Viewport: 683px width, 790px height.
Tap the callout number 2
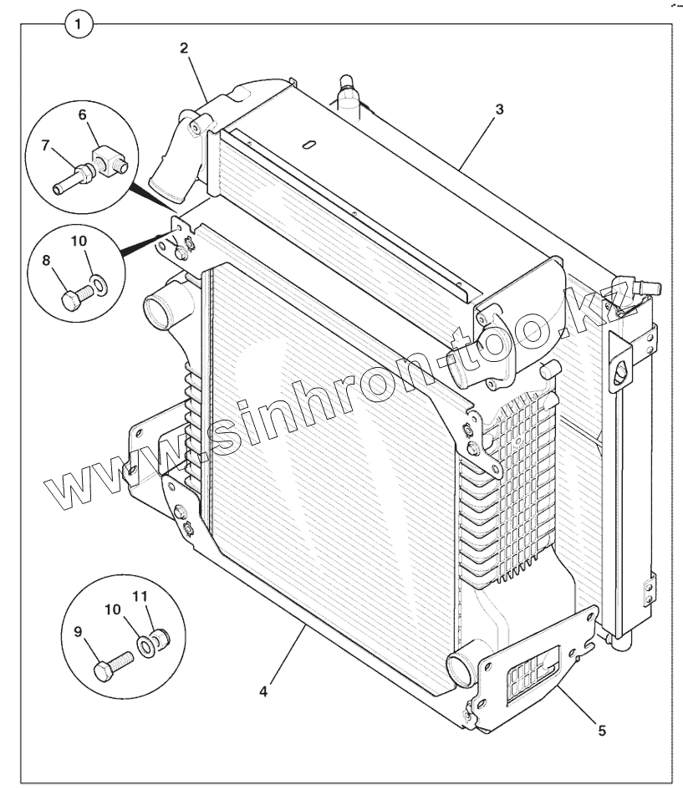[184, 47]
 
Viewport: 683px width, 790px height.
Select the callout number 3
[498, 110]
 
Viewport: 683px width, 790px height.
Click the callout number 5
[601, 730]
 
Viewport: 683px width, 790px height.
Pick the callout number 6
[82, 115]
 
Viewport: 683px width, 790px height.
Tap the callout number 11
[140, 598]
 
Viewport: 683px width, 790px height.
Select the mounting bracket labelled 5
[535, 660]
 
